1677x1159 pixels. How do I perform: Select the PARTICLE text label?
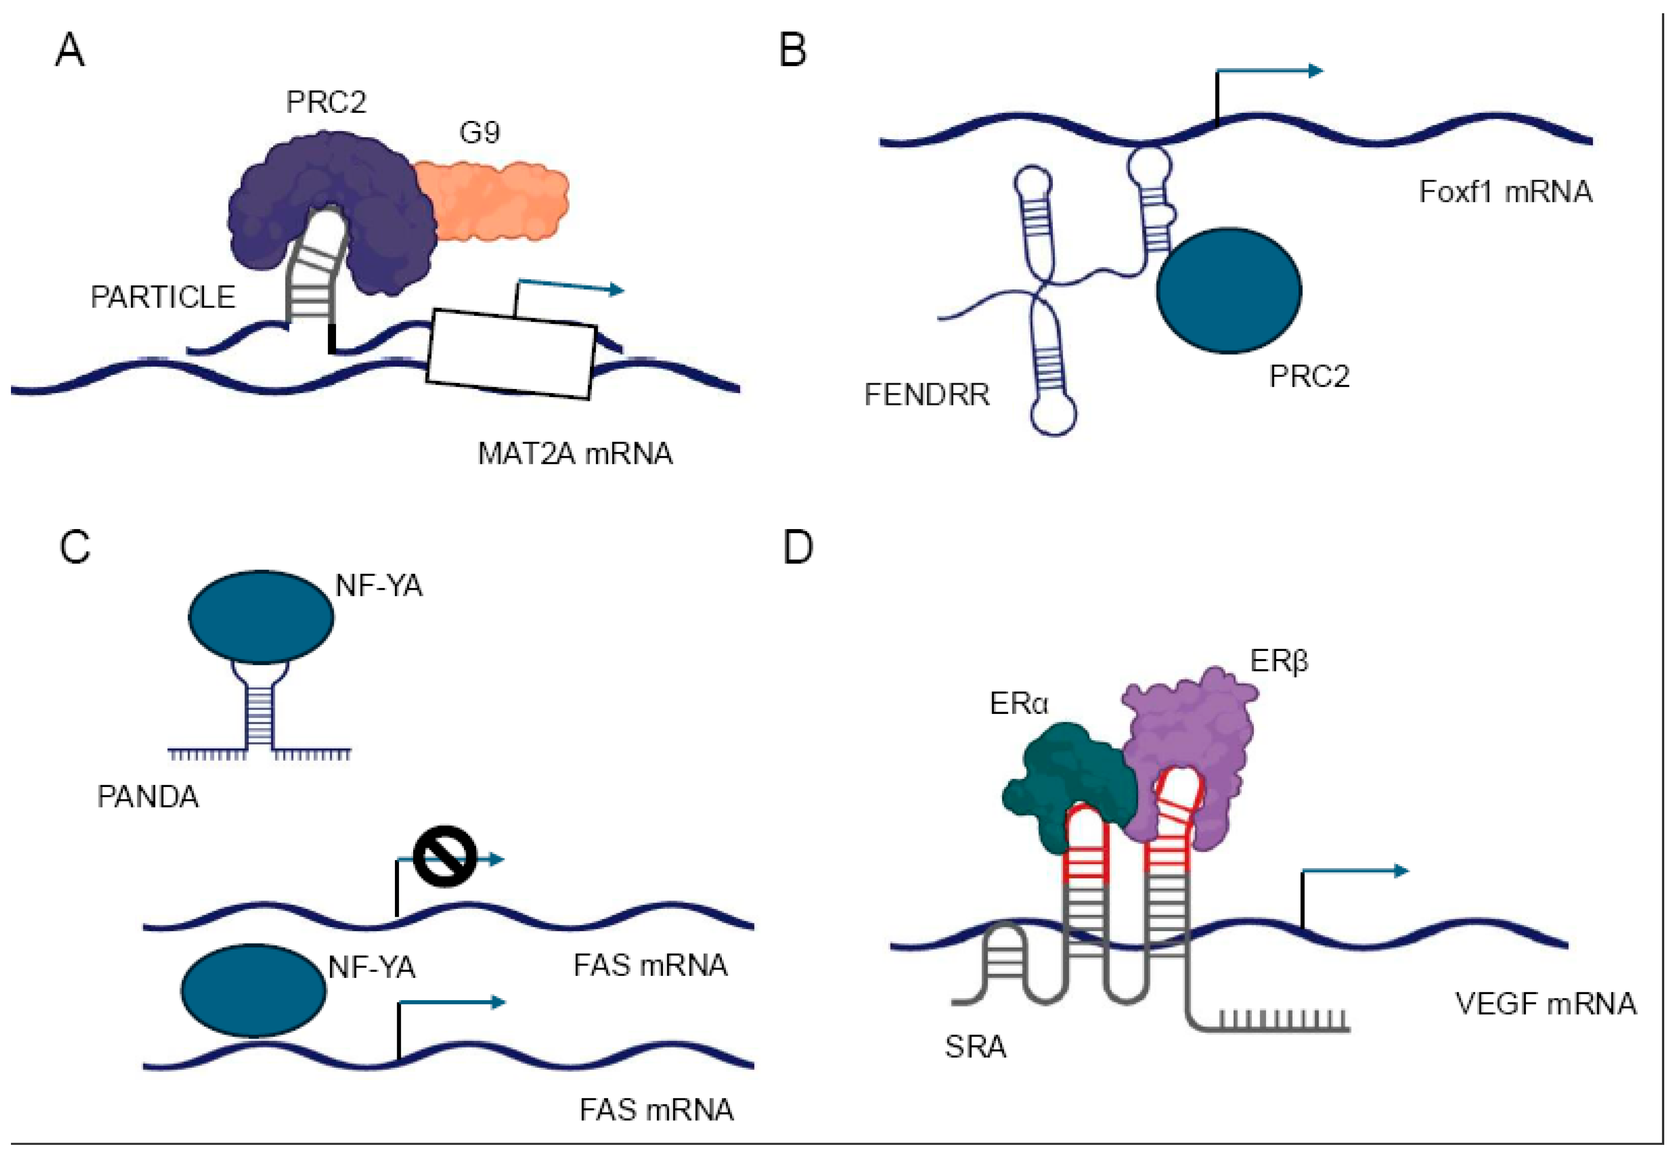point(163,297)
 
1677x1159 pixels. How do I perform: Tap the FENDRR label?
point(927,395)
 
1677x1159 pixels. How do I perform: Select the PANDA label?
point(147,797)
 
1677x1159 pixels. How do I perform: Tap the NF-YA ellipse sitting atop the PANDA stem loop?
point(261,617)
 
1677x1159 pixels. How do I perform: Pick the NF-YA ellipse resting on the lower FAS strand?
point(253,991)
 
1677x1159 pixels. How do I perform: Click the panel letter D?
point(798,548)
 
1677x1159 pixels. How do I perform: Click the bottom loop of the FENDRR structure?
point(1053,414)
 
